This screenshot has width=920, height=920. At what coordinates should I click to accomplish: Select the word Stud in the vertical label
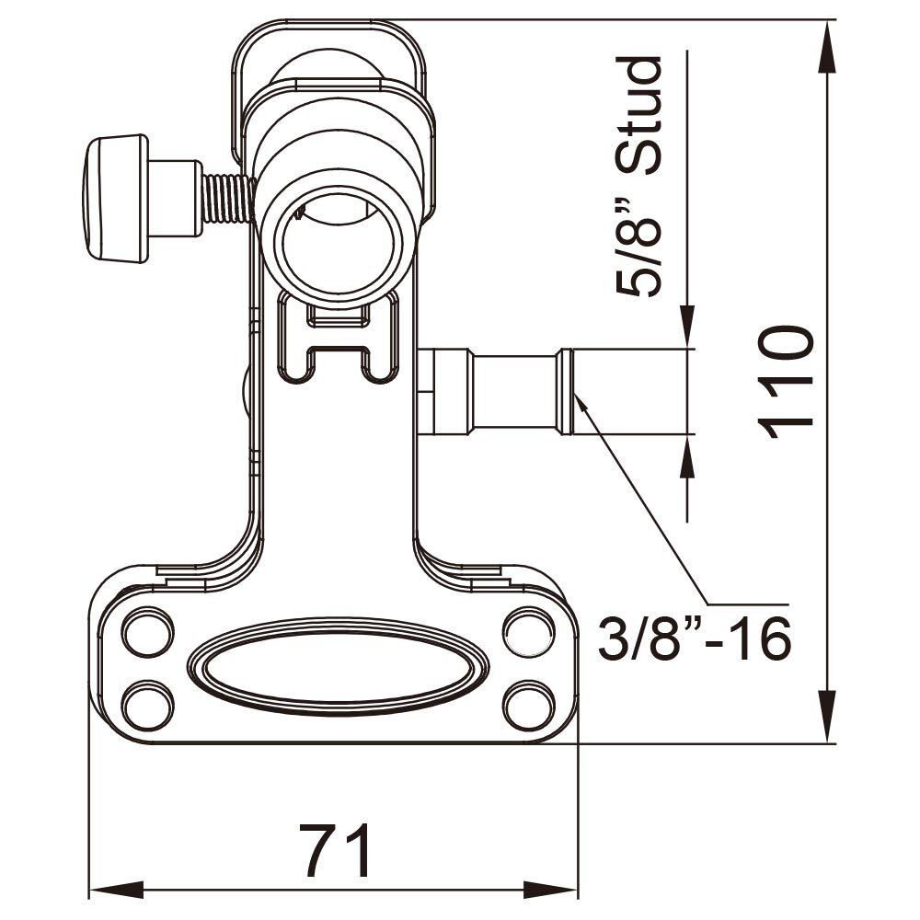pos(639,115)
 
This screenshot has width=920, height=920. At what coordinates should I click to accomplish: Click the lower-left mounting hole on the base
pos(147,706)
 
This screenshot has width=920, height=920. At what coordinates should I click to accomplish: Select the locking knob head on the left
pos(116,198)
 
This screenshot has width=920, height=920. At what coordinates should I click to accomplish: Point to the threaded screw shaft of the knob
pos(226,199)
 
